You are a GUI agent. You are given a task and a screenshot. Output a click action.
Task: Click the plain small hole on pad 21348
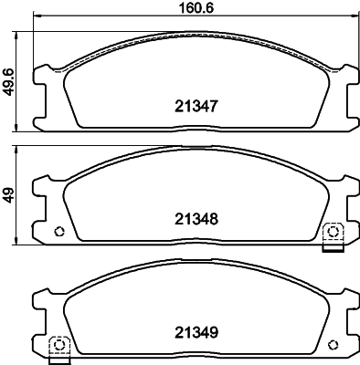click(60, 230)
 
